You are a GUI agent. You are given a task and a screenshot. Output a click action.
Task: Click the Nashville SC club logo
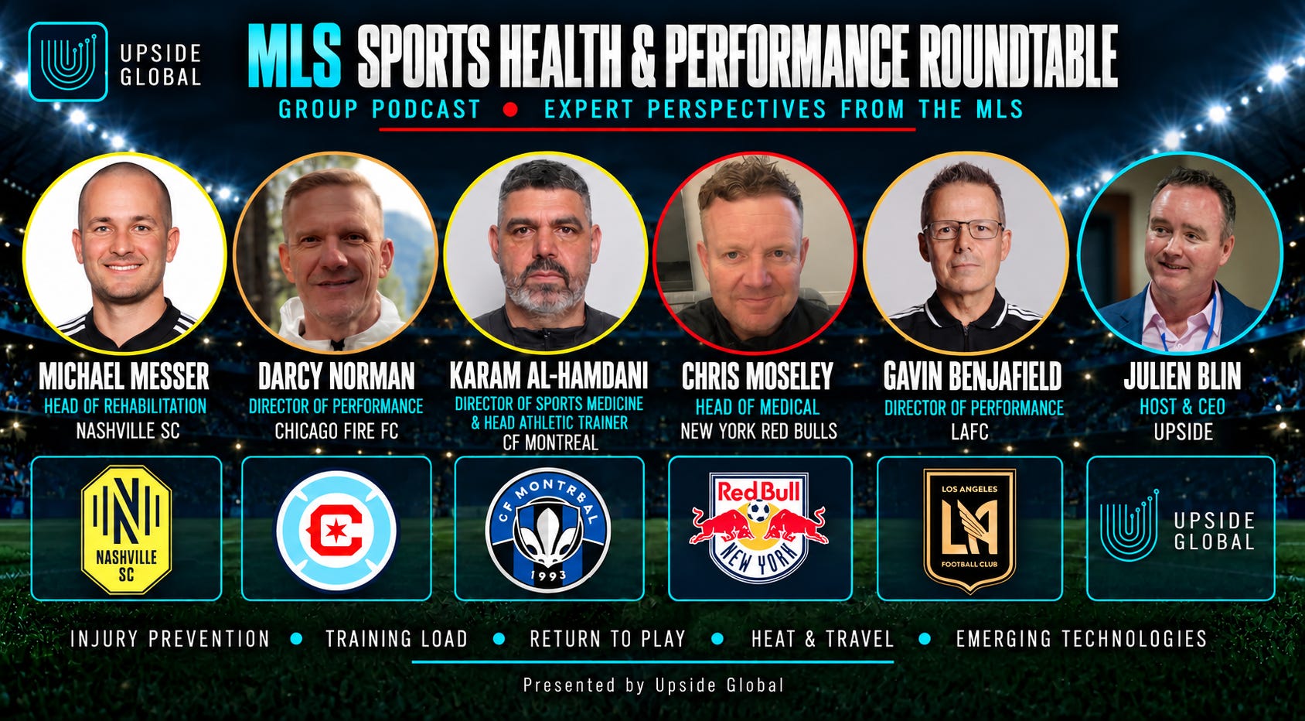(127, 529)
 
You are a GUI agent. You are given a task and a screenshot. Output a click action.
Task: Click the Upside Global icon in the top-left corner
(68, 62)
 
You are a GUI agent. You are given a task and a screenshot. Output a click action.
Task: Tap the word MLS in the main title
(295, 56)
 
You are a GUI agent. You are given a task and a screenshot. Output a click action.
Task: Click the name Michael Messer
(124, 377)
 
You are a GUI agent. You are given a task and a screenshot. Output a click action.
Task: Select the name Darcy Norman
(336, 377)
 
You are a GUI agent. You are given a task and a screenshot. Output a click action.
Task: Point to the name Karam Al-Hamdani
(549, 375)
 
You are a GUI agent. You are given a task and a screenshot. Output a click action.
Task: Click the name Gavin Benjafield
(973, 377)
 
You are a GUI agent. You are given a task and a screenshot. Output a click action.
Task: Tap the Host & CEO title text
(1182, 406)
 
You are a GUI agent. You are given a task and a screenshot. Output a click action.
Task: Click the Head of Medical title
(758, 407)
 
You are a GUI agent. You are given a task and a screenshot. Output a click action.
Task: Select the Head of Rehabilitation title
(125, 406)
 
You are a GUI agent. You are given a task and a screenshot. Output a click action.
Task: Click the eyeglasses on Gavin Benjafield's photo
(963, 229)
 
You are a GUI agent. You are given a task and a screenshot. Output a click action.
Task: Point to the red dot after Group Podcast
(511, 110)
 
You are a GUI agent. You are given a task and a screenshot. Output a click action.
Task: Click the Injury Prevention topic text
(169, 639)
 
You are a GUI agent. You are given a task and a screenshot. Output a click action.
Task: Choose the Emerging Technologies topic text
(1082, 639)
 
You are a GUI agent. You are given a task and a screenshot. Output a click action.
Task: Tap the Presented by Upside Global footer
(653, 685)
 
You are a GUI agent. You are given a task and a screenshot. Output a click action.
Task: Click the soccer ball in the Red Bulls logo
(758, 511)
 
